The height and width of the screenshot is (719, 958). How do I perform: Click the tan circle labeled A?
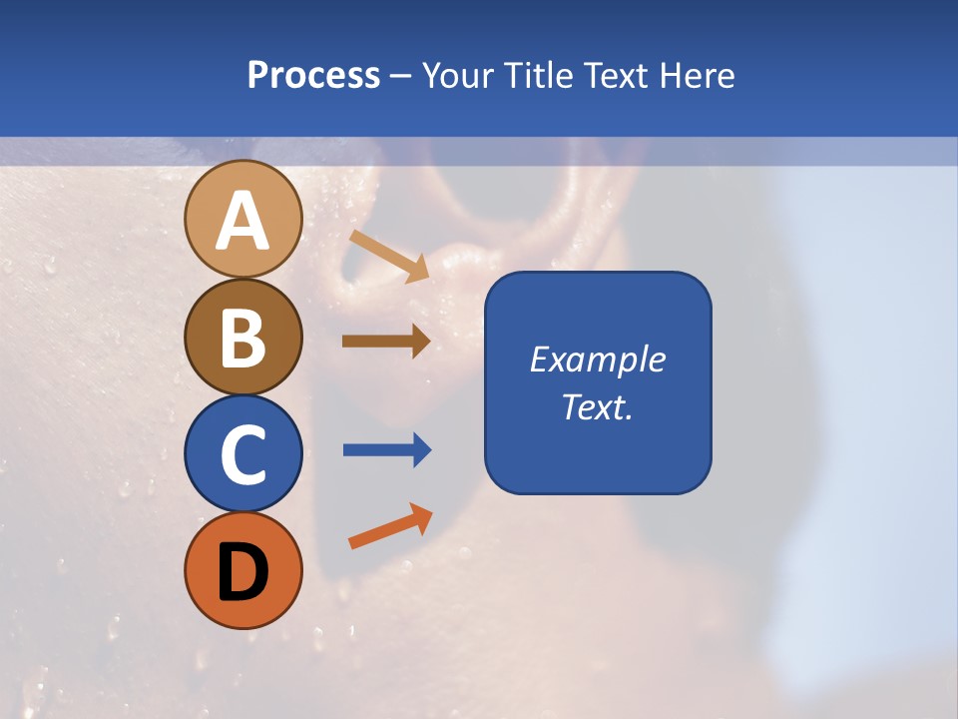tap(242, 219)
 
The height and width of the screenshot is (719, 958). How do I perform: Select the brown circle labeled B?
tap(242, 337)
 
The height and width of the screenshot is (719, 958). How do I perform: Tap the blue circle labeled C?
tap(242, 453)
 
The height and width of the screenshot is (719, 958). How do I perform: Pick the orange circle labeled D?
tap(242, 570)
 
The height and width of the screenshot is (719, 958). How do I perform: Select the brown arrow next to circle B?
tap(385, 341)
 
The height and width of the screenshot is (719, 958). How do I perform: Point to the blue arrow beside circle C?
tap(386, 450)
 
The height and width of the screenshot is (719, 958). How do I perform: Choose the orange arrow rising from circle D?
tap(389, 527)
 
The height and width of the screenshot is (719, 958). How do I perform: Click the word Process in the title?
tap(313, 75)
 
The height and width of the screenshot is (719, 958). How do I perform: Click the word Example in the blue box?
tap(597, 359)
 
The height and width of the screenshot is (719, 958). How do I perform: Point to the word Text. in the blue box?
tap(597, 406)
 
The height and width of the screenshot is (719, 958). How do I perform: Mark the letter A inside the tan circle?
tap(242, 221)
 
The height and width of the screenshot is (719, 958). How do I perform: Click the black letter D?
tap(242, 572)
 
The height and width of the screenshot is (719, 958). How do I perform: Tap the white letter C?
tap(242, 454)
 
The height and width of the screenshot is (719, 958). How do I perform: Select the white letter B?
tap(242, 338)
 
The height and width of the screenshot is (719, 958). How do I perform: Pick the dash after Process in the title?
tap(400, 76)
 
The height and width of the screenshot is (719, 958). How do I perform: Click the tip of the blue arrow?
tap(429, 450)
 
